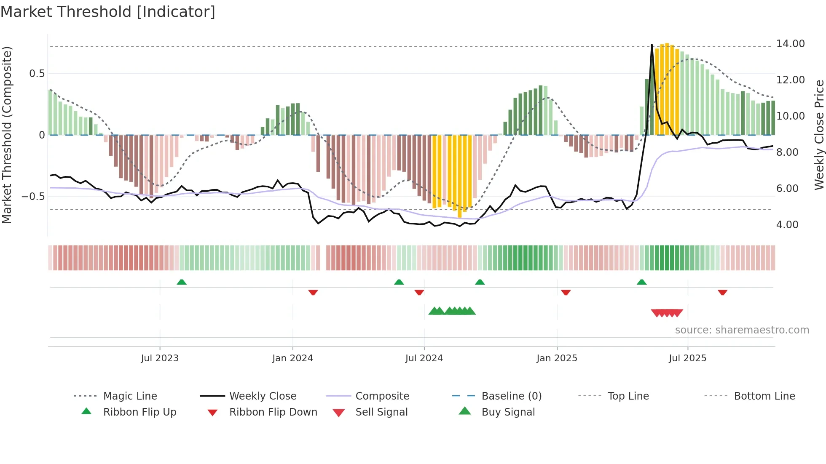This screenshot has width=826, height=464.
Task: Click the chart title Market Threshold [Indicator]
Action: pos(108,12)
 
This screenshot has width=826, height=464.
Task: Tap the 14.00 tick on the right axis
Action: pos(790,44)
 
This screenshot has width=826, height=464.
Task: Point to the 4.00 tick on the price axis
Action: pos(787,225)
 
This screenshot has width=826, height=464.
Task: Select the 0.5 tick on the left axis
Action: pos(37,74)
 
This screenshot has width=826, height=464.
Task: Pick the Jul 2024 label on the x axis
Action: pos(424,358)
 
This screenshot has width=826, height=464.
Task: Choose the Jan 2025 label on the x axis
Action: pos(557,358)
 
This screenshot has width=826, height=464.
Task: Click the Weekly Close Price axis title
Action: pos(819,135)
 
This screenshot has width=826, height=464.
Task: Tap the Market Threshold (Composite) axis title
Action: pos(7,135)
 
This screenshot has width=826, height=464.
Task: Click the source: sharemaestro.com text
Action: pos(742,330)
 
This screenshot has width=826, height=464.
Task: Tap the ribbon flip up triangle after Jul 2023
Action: pos(182,282)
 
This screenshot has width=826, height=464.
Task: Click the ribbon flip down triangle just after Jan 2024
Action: pos(313,292)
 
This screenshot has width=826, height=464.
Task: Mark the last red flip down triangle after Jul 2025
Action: pos(722,292)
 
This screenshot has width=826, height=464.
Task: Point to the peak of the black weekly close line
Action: pos(652,45)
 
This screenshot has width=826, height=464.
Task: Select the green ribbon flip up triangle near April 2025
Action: pos(641,282)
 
